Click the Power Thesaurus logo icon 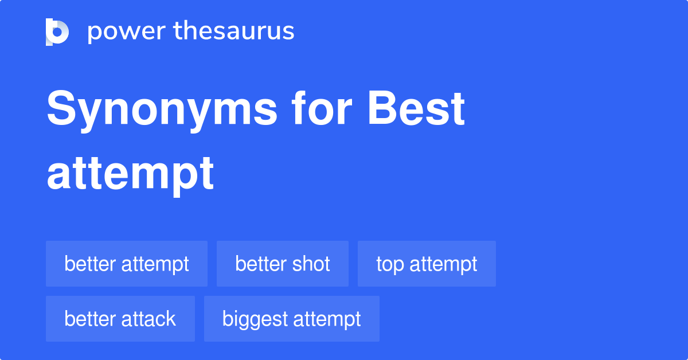click(x=57, y=32)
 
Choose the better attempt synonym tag click(x=127, y=264)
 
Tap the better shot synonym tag click(x=283, y=264)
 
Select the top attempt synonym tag click(x=427, y=264)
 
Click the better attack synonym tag click(x=120, y=319)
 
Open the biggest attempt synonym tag click(x=292, y=319)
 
